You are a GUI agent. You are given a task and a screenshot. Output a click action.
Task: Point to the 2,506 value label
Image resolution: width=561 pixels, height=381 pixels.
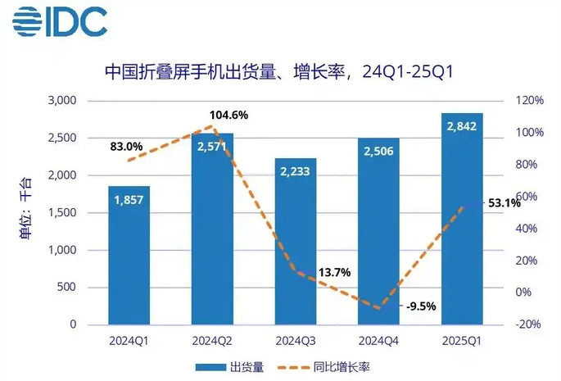pyautogui.click(x=378, y=151)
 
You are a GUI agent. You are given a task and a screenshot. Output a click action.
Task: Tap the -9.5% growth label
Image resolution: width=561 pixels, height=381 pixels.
pyautogui.click(x=420, y=307)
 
